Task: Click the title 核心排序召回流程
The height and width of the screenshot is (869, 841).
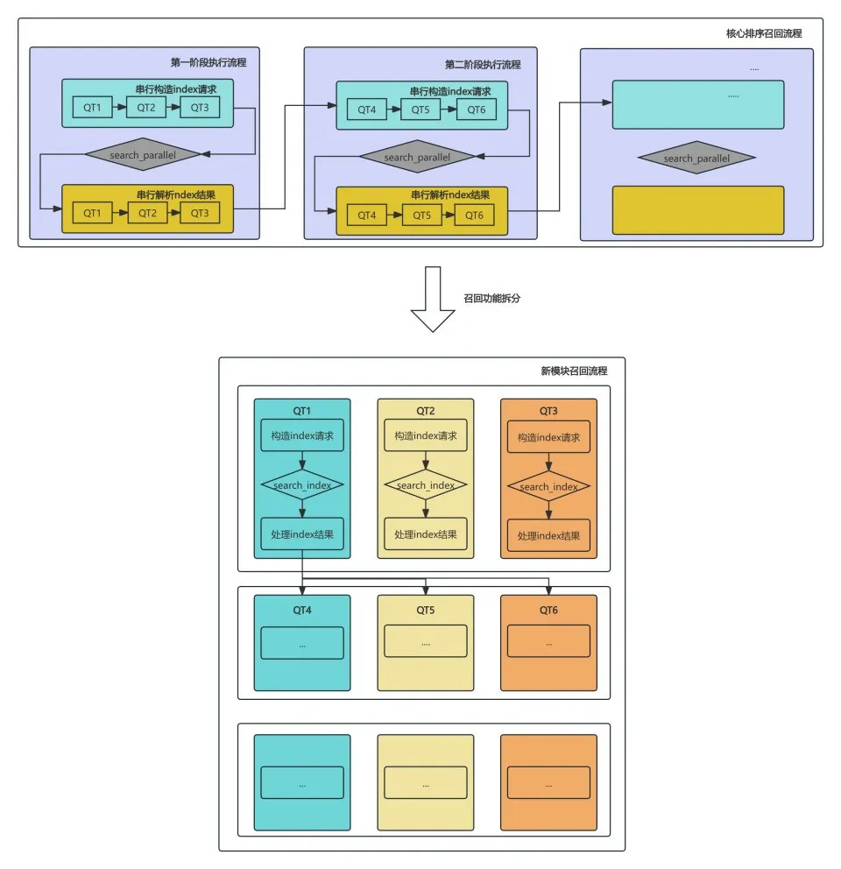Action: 764,33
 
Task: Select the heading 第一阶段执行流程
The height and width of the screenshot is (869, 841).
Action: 208,62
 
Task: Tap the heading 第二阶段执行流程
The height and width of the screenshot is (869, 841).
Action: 483,65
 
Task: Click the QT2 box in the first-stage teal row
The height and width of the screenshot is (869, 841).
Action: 146,108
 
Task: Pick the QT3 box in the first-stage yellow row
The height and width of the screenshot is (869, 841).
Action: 200,213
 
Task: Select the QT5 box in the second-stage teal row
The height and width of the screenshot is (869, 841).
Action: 420,110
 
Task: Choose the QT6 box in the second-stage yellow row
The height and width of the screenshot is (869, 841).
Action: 474,215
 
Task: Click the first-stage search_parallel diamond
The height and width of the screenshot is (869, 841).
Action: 143,155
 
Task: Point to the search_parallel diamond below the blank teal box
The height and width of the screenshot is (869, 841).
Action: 696,158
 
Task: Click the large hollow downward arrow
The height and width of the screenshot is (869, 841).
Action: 433,300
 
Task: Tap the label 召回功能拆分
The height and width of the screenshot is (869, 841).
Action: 491,298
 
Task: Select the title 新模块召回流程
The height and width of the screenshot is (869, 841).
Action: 574,371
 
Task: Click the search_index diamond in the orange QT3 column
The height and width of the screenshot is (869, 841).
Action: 548,486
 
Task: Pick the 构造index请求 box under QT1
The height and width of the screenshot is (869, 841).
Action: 302,435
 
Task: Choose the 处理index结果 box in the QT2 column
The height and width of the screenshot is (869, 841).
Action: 426,534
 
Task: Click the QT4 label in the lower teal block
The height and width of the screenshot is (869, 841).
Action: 302,611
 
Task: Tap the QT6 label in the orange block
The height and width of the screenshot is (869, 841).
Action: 548,611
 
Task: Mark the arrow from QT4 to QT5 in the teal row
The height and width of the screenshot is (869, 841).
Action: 393,110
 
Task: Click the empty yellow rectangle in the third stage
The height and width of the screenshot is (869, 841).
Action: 698,210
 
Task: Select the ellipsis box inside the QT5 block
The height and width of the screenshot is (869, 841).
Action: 426,641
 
